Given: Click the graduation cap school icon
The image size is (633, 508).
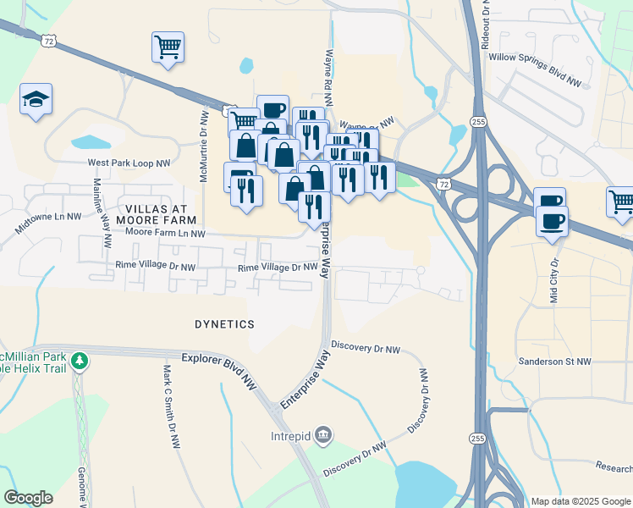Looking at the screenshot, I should point(36,100).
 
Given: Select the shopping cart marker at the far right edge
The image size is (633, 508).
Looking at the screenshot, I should point(620,202).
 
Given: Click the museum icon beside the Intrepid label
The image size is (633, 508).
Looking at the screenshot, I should point(322,436).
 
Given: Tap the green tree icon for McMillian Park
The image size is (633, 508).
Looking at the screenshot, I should point(80,362).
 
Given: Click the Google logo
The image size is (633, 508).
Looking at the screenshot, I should point(28,498).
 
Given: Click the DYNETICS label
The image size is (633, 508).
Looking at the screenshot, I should point(224,324).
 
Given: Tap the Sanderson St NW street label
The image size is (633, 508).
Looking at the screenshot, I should point(555,362).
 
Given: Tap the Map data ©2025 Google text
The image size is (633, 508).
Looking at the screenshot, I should point(579,501).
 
